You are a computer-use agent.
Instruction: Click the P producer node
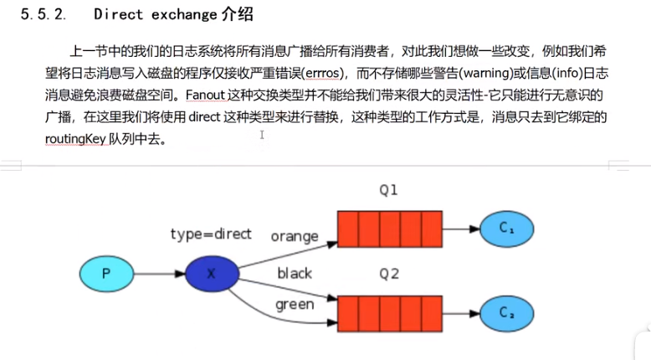(106, 274)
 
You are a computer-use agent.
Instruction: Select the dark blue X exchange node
(211, 274)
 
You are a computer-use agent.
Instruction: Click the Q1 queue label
(387, 191)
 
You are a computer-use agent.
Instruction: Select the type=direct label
(211, 234)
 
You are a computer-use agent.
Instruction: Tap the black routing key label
(294, 274)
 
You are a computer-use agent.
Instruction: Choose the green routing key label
(295, 305)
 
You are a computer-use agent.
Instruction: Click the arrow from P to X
(159, 274)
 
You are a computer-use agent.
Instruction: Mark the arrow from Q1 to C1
(461, 229)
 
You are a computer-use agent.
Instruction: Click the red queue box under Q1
(389, 229)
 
